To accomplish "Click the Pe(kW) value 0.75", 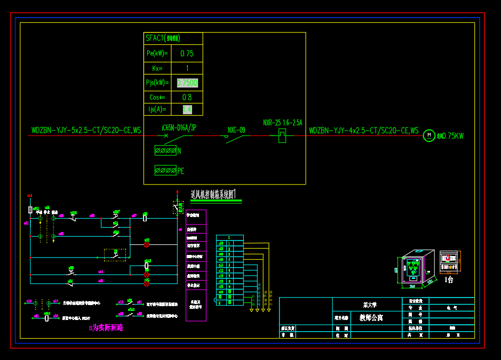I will coord(187,53).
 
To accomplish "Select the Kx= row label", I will coord(157,68).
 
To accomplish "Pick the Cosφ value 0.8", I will coord(187,97).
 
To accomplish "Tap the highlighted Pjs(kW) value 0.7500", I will coord(187,83).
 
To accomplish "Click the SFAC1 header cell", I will coord(163,38).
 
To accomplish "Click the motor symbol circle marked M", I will coord(429,135).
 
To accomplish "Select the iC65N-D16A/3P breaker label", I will coord(179,127).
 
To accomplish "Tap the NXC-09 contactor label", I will coord(236,130).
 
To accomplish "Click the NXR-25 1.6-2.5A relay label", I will coord(283,123).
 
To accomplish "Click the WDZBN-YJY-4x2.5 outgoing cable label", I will coord(364,130).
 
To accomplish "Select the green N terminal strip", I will coord(165,151).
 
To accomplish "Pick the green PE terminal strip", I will coord(165,171).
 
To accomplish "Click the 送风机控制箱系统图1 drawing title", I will coord(213,195).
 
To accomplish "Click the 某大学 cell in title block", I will coord(369,305).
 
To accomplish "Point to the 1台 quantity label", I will coord(449,279).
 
